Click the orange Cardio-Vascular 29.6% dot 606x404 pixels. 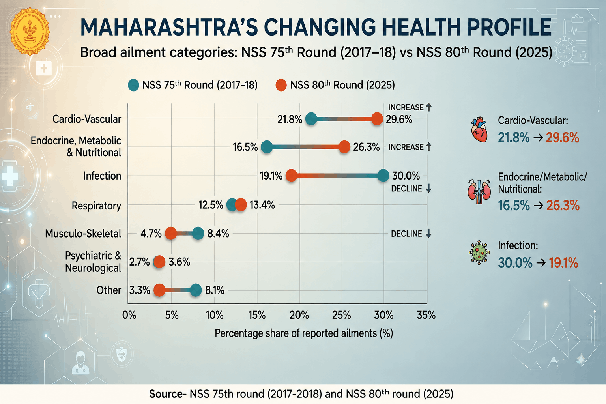pos(377,119)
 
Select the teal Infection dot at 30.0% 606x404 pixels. pos(383,176)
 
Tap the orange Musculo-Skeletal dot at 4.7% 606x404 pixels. pos(171,233)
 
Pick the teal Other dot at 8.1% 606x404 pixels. pos(196,290)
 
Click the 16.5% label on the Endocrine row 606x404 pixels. pos(245,147)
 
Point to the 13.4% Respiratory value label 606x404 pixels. pos(262,205)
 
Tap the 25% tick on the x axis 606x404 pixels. pos(341,315)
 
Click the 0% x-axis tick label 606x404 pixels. pos(129,315)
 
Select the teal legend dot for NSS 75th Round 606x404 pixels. pos(133,85)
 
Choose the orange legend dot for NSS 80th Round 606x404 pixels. pos(281,85)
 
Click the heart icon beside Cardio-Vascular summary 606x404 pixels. pos(479,130)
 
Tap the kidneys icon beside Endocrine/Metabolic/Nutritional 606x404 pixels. pos(479,191)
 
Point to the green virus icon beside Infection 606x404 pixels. pos(479,252)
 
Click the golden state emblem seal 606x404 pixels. pos(30,32)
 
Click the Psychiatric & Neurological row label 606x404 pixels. pos(93,262)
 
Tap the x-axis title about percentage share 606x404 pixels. pos(303,333)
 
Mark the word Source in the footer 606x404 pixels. pos(166,394)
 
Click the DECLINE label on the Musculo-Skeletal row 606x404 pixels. pos(406,234)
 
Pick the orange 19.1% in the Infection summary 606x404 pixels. pos(563,263)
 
